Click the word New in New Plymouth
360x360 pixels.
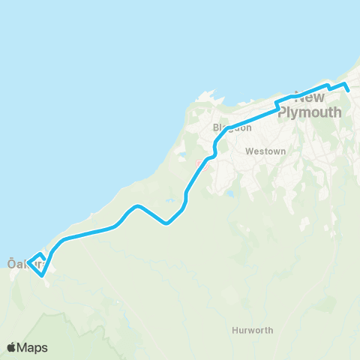coord(310,97)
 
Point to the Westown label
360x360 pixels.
coord(266,151)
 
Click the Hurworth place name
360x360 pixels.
coord(253,329)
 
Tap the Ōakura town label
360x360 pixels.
coord(22,264)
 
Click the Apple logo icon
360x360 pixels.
coord(13,347)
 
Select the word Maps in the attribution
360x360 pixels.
coord(34,347)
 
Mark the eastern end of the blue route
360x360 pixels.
coord(349,91)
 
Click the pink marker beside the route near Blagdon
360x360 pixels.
coord(199,163)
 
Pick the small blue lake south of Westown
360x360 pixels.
coord(229,193)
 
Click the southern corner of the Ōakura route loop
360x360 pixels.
coord(42,275)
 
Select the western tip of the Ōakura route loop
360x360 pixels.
coord(28,263)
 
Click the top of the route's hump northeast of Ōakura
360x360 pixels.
coord(136,205)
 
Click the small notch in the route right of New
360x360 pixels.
coord(330,89)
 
